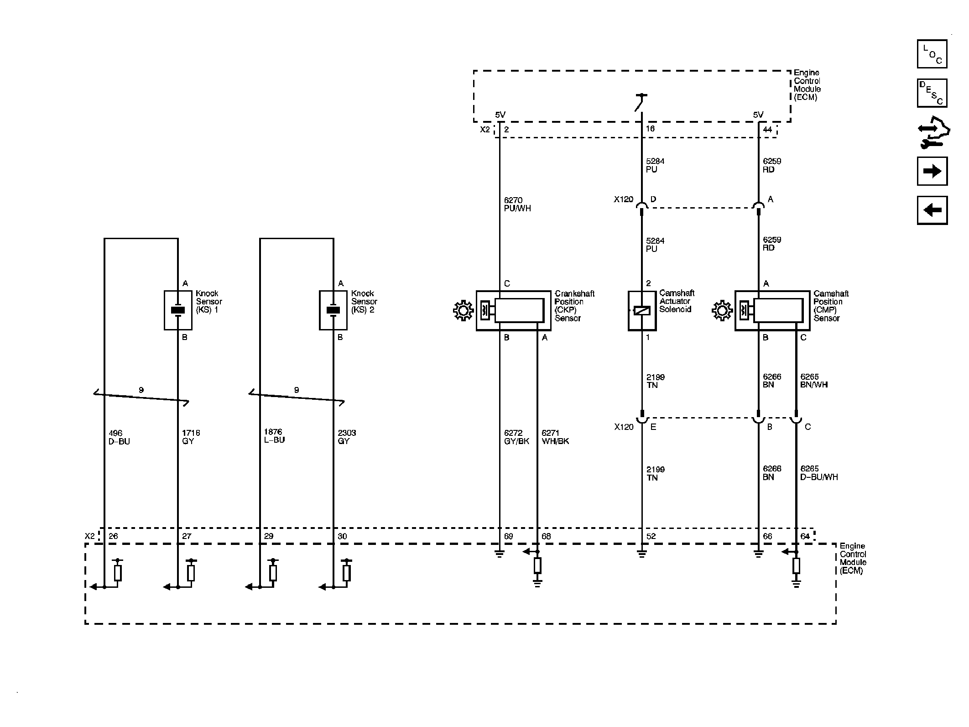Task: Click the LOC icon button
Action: [x=932, y=54]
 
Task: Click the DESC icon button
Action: [x=932, y=93]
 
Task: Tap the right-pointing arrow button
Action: [x=932, y=171]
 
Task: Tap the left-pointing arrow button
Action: [x=932, y=210]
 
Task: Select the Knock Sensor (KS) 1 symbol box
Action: [x=178, y=310]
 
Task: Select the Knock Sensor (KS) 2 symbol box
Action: [x=333, y=310]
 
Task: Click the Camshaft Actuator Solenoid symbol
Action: [x=642, y=311]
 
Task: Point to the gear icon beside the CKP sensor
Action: [x=463, y=311]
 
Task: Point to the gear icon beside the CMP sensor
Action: [x=722, y=311]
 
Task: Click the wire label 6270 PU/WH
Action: [x=517, y=204]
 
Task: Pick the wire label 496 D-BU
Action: [x=119, y=437]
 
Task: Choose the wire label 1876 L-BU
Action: [x=274, y=436]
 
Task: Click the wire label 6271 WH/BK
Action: [x=555, y=437]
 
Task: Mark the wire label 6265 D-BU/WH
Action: [x=819, y=473]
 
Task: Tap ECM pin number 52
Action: [x=651, y=536]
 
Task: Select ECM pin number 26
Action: [x=113, y=536]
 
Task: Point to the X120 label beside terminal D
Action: [x=624, y=199]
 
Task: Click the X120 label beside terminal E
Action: [x=624, y=427]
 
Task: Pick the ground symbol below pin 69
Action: [x=500, y=554]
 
